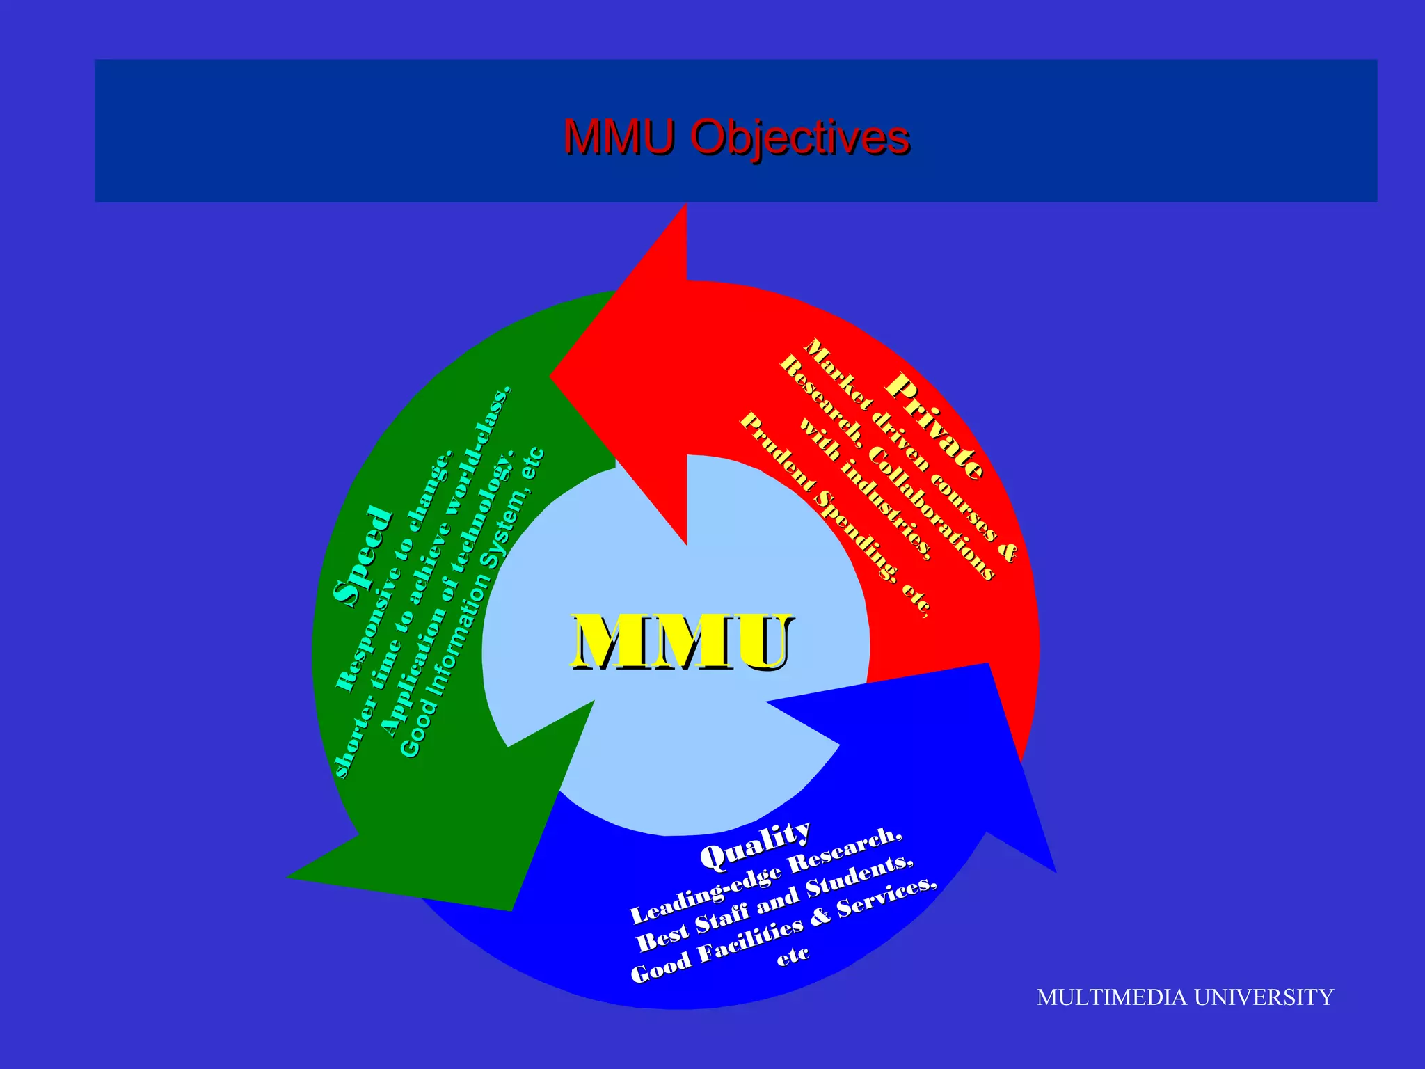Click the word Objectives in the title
point(799,137)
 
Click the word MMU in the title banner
point(619,136)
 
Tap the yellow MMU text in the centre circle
point(682,642)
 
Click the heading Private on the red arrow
point(935,427)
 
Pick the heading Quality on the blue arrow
point(756,844)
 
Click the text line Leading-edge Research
point(766,876)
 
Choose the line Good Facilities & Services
point(783,933)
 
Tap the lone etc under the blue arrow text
point(793,956)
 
